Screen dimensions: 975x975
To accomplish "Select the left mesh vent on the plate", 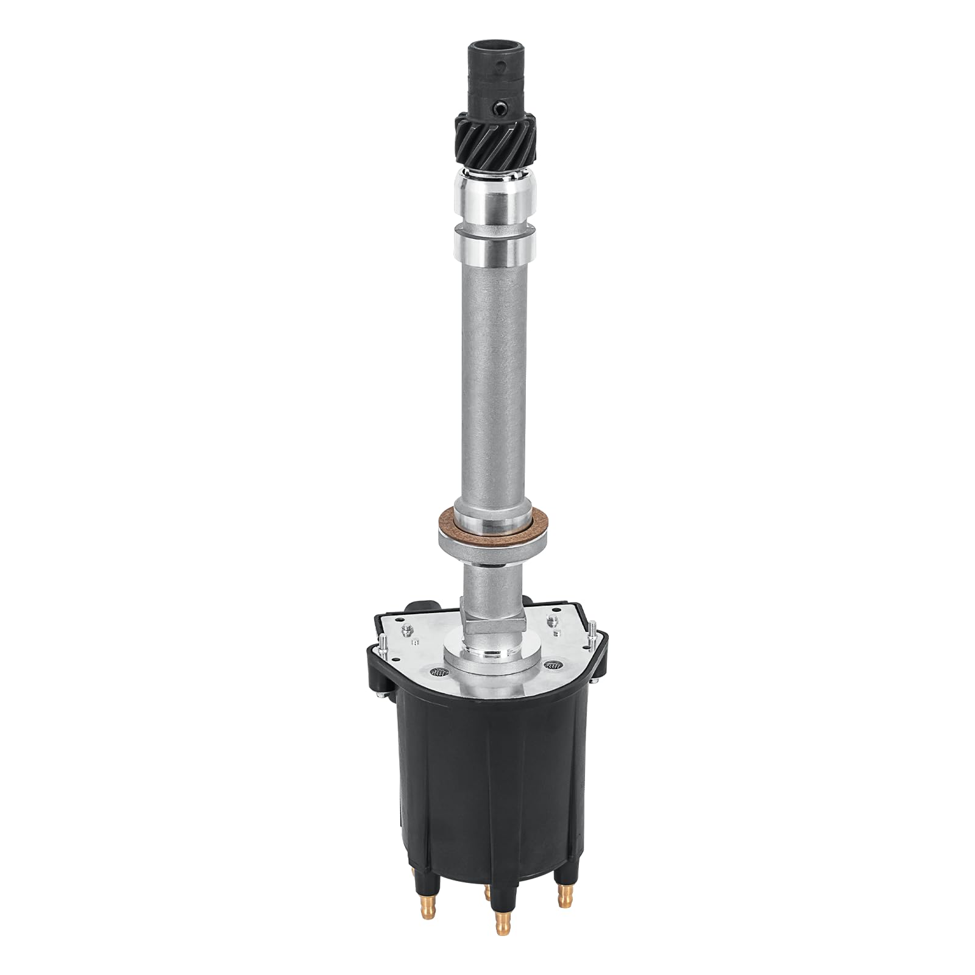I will point(437,672).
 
